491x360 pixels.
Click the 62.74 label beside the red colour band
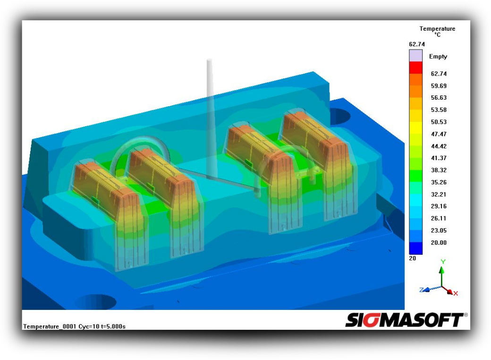(439, 74)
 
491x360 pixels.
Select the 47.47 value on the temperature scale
(439, 134)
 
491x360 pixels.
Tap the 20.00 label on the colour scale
(439, 242)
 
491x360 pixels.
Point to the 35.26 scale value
(439, 182)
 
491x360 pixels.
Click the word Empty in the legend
(438, 57)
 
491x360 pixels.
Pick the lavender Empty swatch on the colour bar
(416, 55)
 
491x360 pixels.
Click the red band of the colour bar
(416, 68)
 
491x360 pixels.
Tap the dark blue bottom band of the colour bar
(416, 248)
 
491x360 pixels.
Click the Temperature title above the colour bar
(438, 28)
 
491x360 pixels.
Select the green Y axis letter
(443, 262)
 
